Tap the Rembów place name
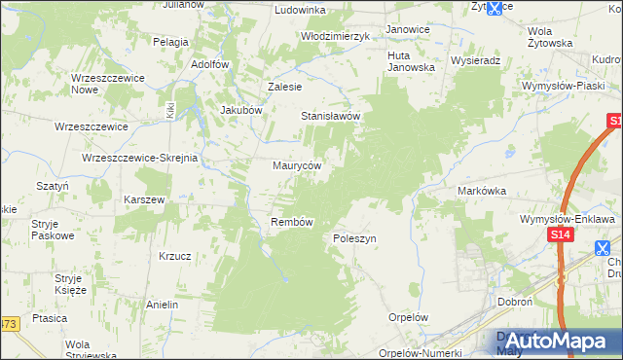pos(291,222)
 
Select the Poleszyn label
pos(354,237)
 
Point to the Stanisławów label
pos(331,116)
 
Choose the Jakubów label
pos(242,110)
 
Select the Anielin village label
pos(163,305)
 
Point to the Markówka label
pos(482,192)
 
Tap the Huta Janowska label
pos(411,60)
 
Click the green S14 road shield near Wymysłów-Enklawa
pos(559,235)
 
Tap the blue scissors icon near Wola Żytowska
pos(494,8)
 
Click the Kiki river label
pos(170,110)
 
